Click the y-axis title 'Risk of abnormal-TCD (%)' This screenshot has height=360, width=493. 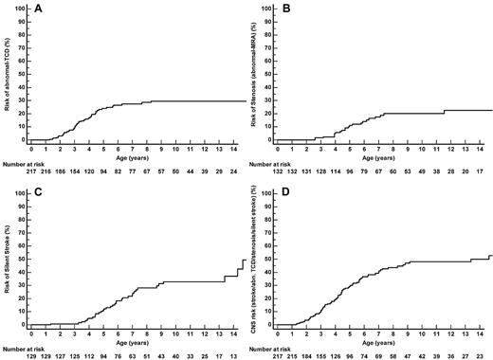coord(8,76)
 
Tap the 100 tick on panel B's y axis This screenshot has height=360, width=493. coord(265,13)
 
